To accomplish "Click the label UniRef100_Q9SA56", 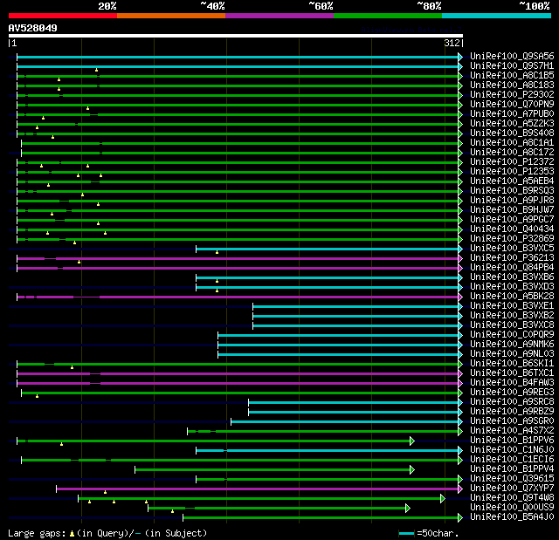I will pyautogui.click(x=511, y=56).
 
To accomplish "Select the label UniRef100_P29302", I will pyautogui.click(x=511, y=94).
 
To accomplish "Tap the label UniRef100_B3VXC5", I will pyautogui.click(x=511, y=248).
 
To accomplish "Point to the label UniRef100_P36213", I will pyautogui.click(x=511, y=257).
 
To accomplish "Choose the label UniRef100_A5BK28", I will pyautogui.click(x=511, y=296).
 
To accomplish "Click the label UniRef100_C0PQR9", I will pyautogui.click(x=511, y=334).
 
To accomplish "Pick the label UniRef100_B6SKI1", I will pyautogui.click(x=511, y=363).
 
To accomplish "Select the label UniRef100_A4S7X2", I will pyautogui.click(x=511, y=430).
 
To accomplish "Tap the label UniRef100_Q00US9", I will pyautogui.click(x=511, y=507).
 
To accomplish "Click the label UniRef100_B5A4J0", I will pyautogui.click(x=511, y=516).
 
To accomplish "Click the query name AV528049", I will pyautogui.click(x=33, y=28).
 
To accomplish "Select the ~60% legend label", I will pyautogui.click(x=321, y=6).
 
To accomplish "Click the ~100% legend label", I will pyautogui.click(x=535, y=6).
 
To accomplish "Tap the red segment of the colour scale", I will pyautogui.click(x=62, y=16).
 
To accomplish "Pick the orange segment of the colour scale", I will pyautogui.click(x=170, y=16).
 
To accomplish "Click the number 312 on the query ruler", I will pyautogui.click(x=452, y=43).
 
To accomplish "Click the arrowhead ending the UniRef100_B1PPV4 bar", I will pyautogui.click(x=411, y=469).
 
